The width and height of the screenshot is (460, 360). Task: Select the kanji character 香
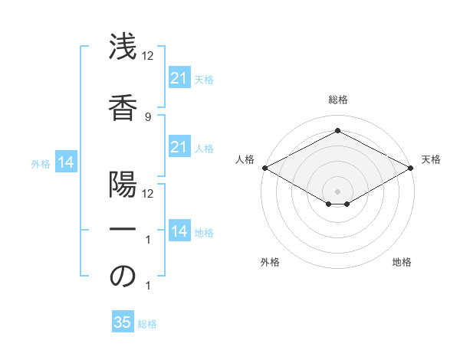click(123, 104)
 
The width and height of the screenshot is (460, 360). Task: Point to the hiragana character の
click(123, 277)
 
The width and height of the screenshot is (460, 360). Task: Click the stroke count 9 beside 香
click(147, 116)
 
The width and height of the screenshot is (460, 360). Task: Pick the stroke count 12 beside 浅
click(148, 56)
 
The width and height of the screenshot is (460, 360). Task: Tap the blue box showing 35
click(123, 322)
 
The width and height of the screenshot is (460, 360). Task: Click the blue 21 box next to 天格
click(179, 78)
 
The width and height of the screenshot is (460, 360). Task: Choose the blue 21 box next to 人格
click(179, 147)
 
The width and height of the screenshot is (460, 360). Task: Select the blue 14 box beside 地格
click(179, 231)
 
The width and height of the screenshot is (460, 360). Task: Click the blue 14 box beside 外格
click(65, 162)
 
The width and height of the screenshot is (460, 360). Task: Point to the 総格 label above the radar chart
click(337, 100)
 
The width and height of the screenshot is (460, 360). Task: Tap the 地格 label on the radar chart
click(402, 262)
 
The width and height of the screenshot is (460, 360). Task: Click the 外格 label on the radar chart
click(270, 262)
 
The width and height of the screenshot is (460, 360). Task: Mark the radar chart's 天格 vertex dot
click(411, 168)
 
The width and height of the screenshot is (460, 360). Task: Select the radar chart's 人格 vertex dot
click(264, 168)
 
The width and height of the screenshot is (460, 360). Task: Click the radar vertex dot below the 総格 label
click(337, 131)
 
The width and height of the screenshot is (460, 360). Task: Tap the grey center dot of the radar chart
click(337, 191)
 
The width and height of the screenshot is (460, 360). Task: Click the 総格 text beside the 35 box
click(147, 324)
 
